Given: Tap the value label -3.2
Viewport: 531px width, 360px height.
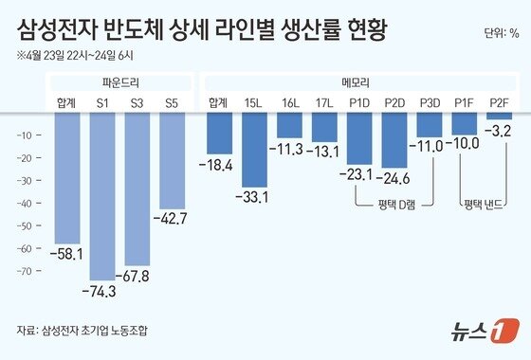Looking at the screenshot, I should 499,129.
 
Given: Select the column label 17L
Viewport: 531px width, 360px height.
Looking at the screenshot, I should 324,101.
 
